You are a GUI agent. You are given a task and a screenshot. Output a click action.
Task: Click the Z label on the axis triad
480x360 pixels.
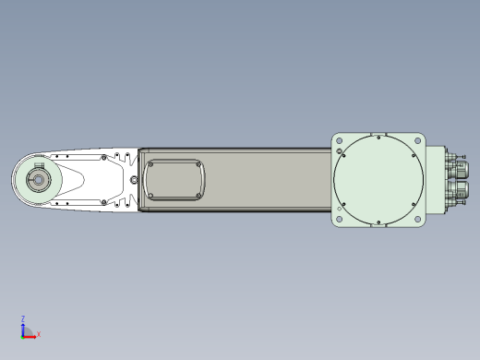23,318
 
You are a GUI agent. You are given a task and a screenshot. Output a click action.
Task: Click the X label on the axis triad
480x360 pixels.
39,334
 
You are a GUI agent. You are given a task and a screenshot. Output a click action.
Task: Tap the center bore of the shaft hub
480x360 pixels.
38,180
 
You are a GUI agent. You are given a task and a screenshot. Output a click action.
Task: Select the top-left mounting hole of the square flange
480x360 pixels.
339,140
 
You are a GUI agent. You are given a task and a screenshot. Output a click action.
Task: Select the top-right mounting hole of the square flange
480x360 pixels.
418,140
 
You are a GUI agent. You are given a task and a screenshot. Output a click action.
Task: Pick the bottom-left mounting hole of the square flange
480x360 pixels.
339,220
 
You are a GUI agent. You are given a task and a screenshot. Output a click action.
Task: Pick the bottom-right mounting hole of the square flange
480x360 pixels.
418,220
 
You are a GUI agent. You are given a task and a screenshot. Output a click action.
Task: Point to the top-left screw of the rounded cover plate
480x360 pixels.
150,164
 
